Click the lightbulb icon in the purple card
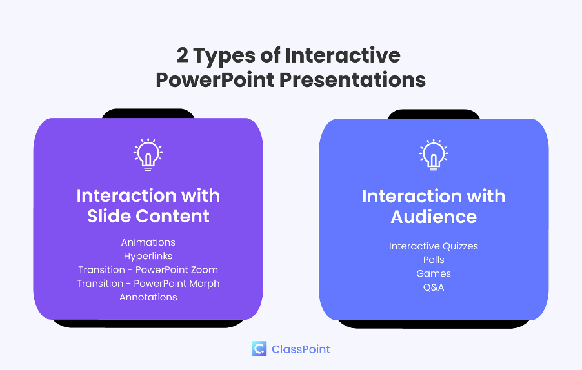coord(148,154)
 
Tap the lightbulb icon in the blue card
coord(434,155)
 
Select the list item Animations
coord(148,242)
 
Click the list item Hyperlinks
coord(148,256)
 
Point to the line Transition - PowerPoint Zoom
coord(148,270)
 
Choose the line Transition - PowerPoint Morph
coord(148,284)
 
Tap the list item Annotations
coord(148,297)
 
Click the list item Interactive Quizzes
coord(434,246)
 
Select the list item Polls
coord(434,260)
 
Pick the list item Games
coord(434,273)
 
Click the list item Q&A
coord(434,287)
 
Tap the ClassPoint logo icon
coord(259,349)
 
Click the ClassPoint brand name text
coord(301,349)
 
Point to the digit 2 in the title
coord(182,55)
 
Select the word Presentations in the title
coord(352,80)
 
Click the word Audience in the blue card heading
coord(434,217)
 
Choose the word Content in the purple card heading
coord(172,216)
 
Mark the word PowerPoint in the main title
coord(215,80)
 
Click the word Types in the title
coord(224,56)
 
